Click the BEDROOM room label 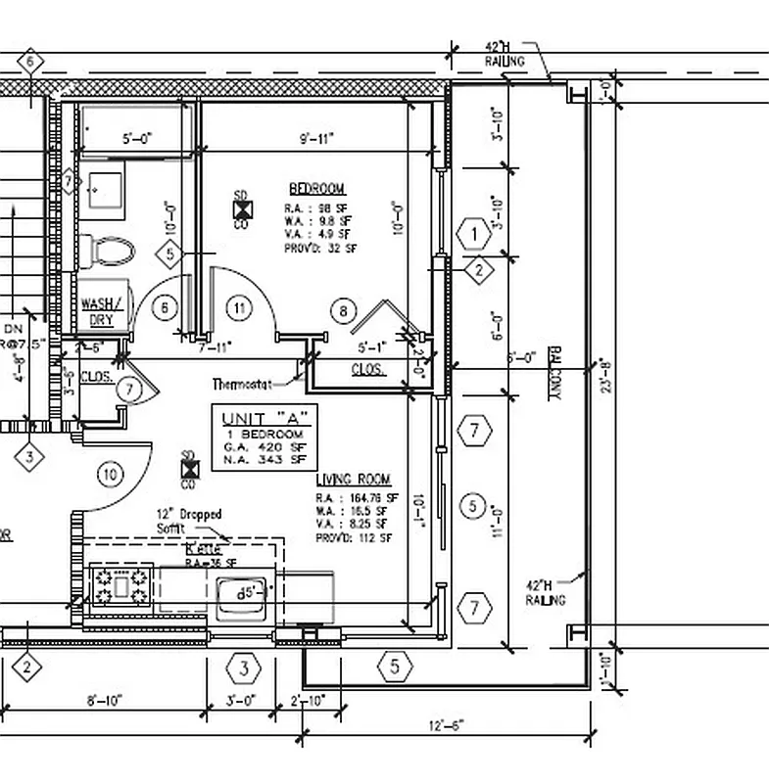(x=315, y=188)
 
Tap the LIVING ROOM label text (x=353, y=480)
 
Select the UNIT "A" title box (x=264, y=438)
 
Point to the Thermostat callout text (x=244, y=384)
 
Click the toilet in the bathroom (x=109, y=251)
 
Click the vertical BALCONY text (x=553, y=372)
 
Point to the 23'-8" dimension (x=606, y=372)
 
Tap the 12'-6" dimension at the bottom (x=445, y=725)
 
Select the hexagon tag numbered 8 (x=342, y=312)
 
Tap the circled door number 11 (x=239, y=307)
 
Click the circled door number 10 (x=110, y=475)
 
